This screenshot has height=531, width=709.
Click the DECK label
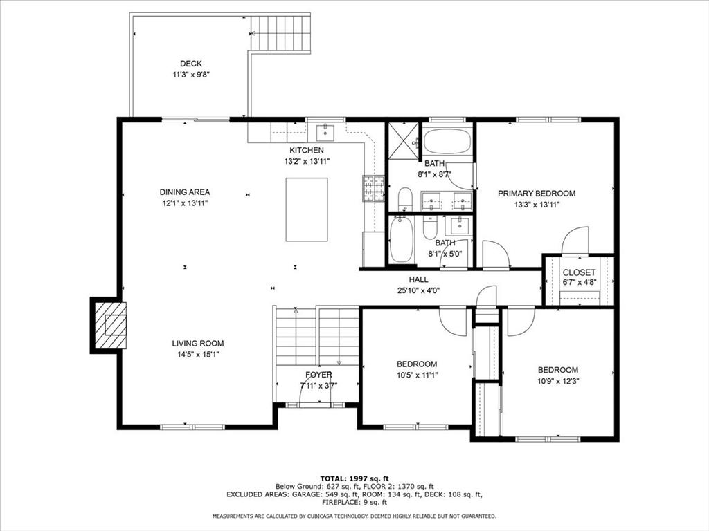point(191,64)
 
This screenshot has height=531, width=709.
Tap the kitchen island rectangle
point(307,209)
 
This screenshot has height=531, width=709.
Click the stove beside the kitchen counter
point(373,189)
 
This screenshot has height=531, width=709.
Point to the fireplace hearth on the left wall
point(111,325)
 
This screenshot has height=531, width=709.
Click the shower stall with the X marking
point(403,141)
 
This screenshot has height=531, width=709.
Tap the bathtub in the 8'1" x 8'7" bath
point(447,142)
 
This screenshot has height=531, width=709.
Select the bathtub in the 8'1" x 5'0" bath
point(401,239)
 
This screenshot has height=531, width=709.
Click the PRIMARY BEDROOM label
point(537,194)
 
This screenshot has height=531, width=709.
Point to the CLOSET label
point(579,272)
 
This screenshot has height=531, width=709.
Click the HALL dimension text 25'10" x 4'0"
point(418,290)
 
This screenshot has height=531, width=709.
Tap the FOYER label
point(318,375)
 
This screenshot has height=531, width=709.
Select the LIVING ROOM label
point(198,343)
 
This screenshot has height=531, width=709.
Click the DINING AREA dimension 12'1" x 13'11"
point(185,203)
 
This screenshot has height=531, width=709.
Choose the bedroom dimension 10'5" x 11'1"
point(417,375)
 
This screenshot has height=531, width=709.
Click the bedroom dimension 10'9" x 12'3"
point(558,381)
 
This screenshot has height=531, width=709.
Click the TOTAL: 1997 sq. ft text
point(354,478)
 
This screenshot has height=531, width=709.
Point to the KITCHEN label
point(307,150)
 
